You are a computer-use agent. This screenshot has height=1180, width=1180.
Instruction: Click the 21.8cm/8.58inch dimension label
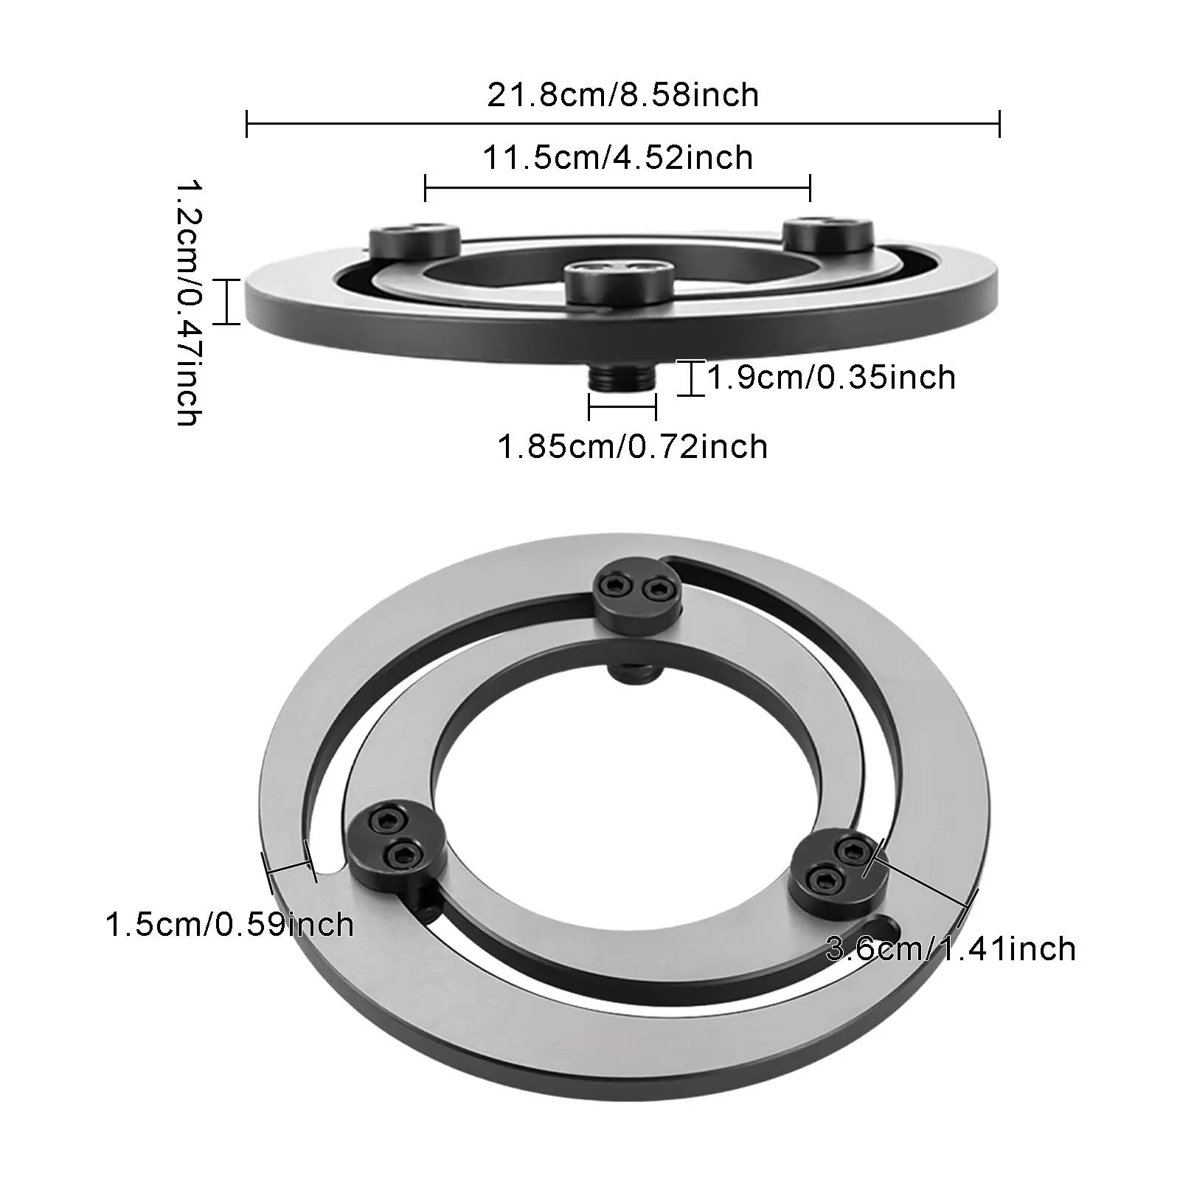pos(622,95)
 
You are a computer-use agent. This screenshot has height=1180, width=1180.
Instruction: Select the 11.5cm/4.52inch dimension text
pos(618,158)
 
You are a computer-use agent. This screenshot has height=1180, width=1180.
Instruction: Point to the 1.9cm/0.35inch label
pos(831,378)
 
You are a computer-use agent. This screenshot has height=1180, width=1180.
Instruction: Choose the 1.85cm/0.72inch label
pos(633,447)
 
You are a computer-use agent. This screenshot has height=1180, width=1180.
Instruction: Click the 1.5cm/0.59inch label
pos(229,925)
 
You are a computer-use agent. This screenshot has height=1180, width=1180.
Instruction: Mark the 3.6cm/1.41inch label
pos(951,948)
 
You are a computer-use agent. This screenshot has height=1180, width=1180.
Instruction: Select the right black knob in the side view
pos(827,234)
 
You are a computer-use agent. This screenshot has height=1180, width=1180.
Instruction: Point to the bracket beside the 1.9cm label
pos(691,378)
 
